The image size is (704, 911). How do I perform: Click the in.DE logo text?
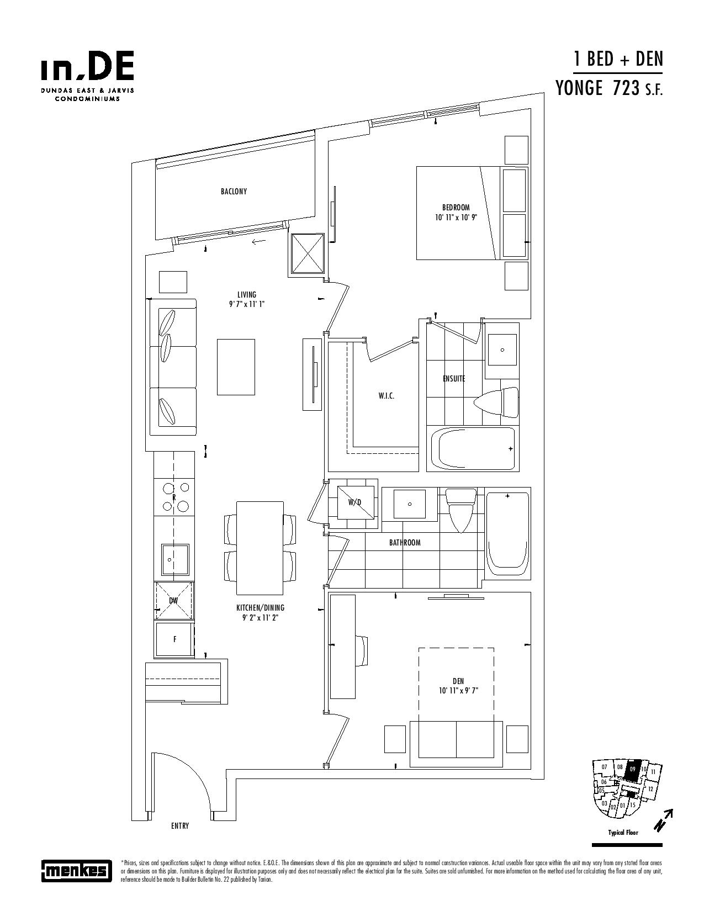point(88,65)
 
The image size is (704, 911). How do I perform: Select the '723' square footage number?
point(626,88)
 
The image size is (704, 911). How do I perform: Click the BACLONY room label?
point(234,192)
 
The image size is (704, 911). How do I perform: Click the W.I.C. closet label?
point(386,395)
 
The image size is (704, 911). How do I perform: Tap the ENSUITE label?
point(454,379)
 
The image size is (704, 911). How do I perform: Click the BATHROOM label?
point(405,543)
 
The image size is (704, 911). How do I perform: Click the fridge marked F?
point(175,640)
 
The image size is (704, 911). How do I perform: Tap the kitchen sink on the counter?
point(175,559)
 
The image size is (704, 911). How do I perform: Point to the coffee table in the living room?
point(236,367)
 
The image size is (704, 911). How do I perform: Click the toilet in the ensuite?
point(496,402)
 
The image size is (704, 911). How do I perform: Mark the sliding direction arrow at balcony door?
point(258,241)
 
